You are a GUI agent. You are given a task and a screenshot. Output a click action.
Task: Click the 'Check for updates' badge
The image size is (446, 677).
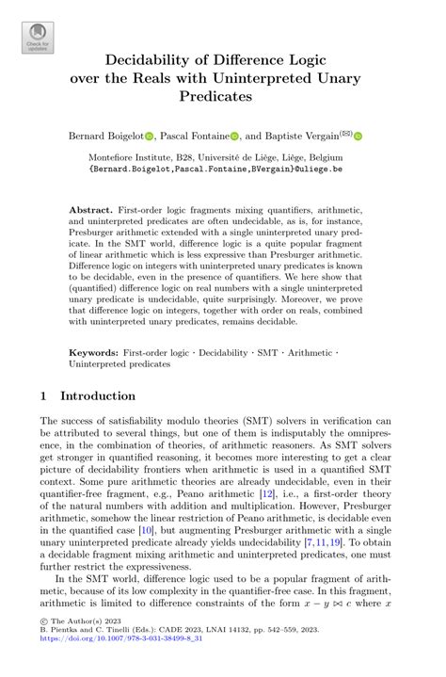(x=38, y=38)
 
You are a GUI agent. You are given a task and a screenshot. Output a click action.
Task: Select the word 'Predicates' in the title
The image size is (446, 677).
(x=222, y=96)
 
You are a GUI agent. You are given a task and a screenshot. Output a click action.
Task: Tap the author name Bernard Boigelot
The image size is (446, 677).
(x=105, y=137)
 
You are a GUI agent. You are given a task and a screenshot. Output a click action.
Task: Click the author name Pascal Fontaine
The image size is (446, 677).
(x=193, y=137)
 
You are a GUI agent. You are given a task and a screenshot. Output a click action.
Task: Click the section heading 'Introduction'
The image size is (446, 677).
(x=98, y=395)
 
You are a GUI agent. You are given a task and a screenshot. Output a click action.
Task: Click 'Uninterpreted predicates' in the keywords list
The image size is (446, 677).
(x=122, y=363)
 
